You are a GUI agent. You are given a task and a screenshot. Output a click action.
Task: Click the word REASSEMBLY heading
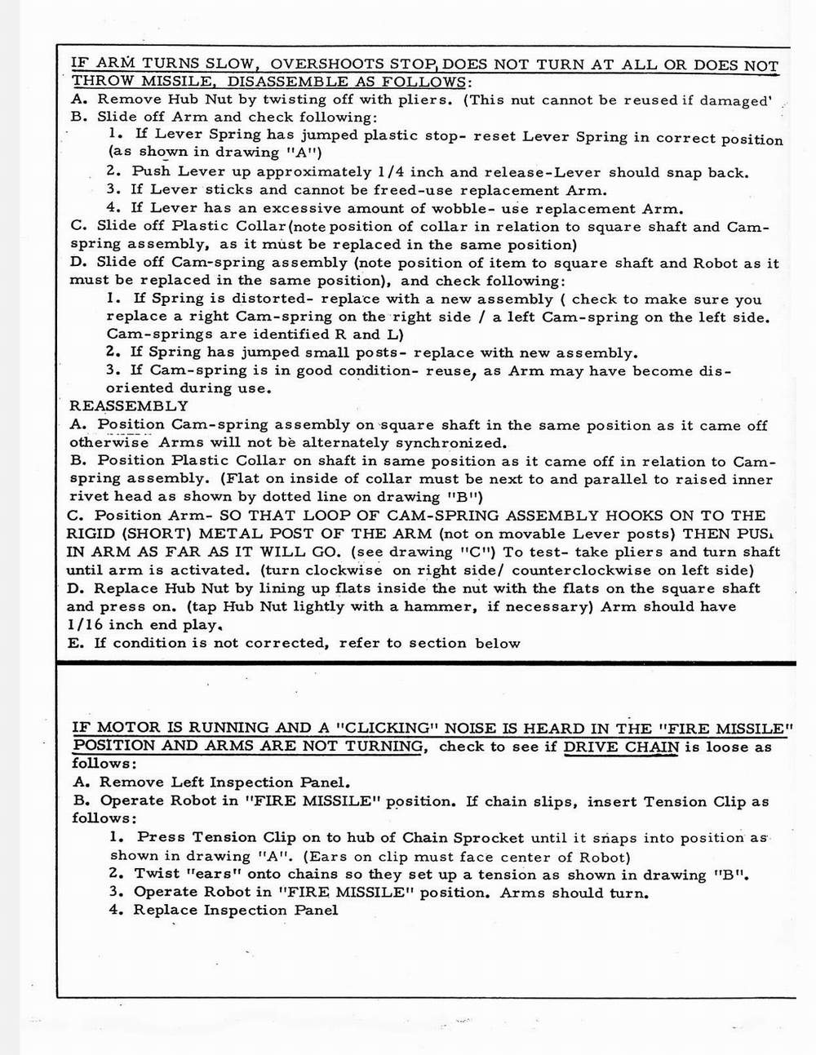[129, 406]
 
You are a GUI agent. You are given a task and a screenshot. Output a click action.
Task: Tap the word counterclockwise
[579, 570]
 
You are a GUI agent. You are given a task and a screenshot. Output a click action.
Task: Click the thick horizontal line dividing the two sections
[424, 663]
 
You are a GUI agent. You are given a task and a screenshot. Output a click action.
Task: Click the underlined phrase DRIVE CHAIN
[620, 747]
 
